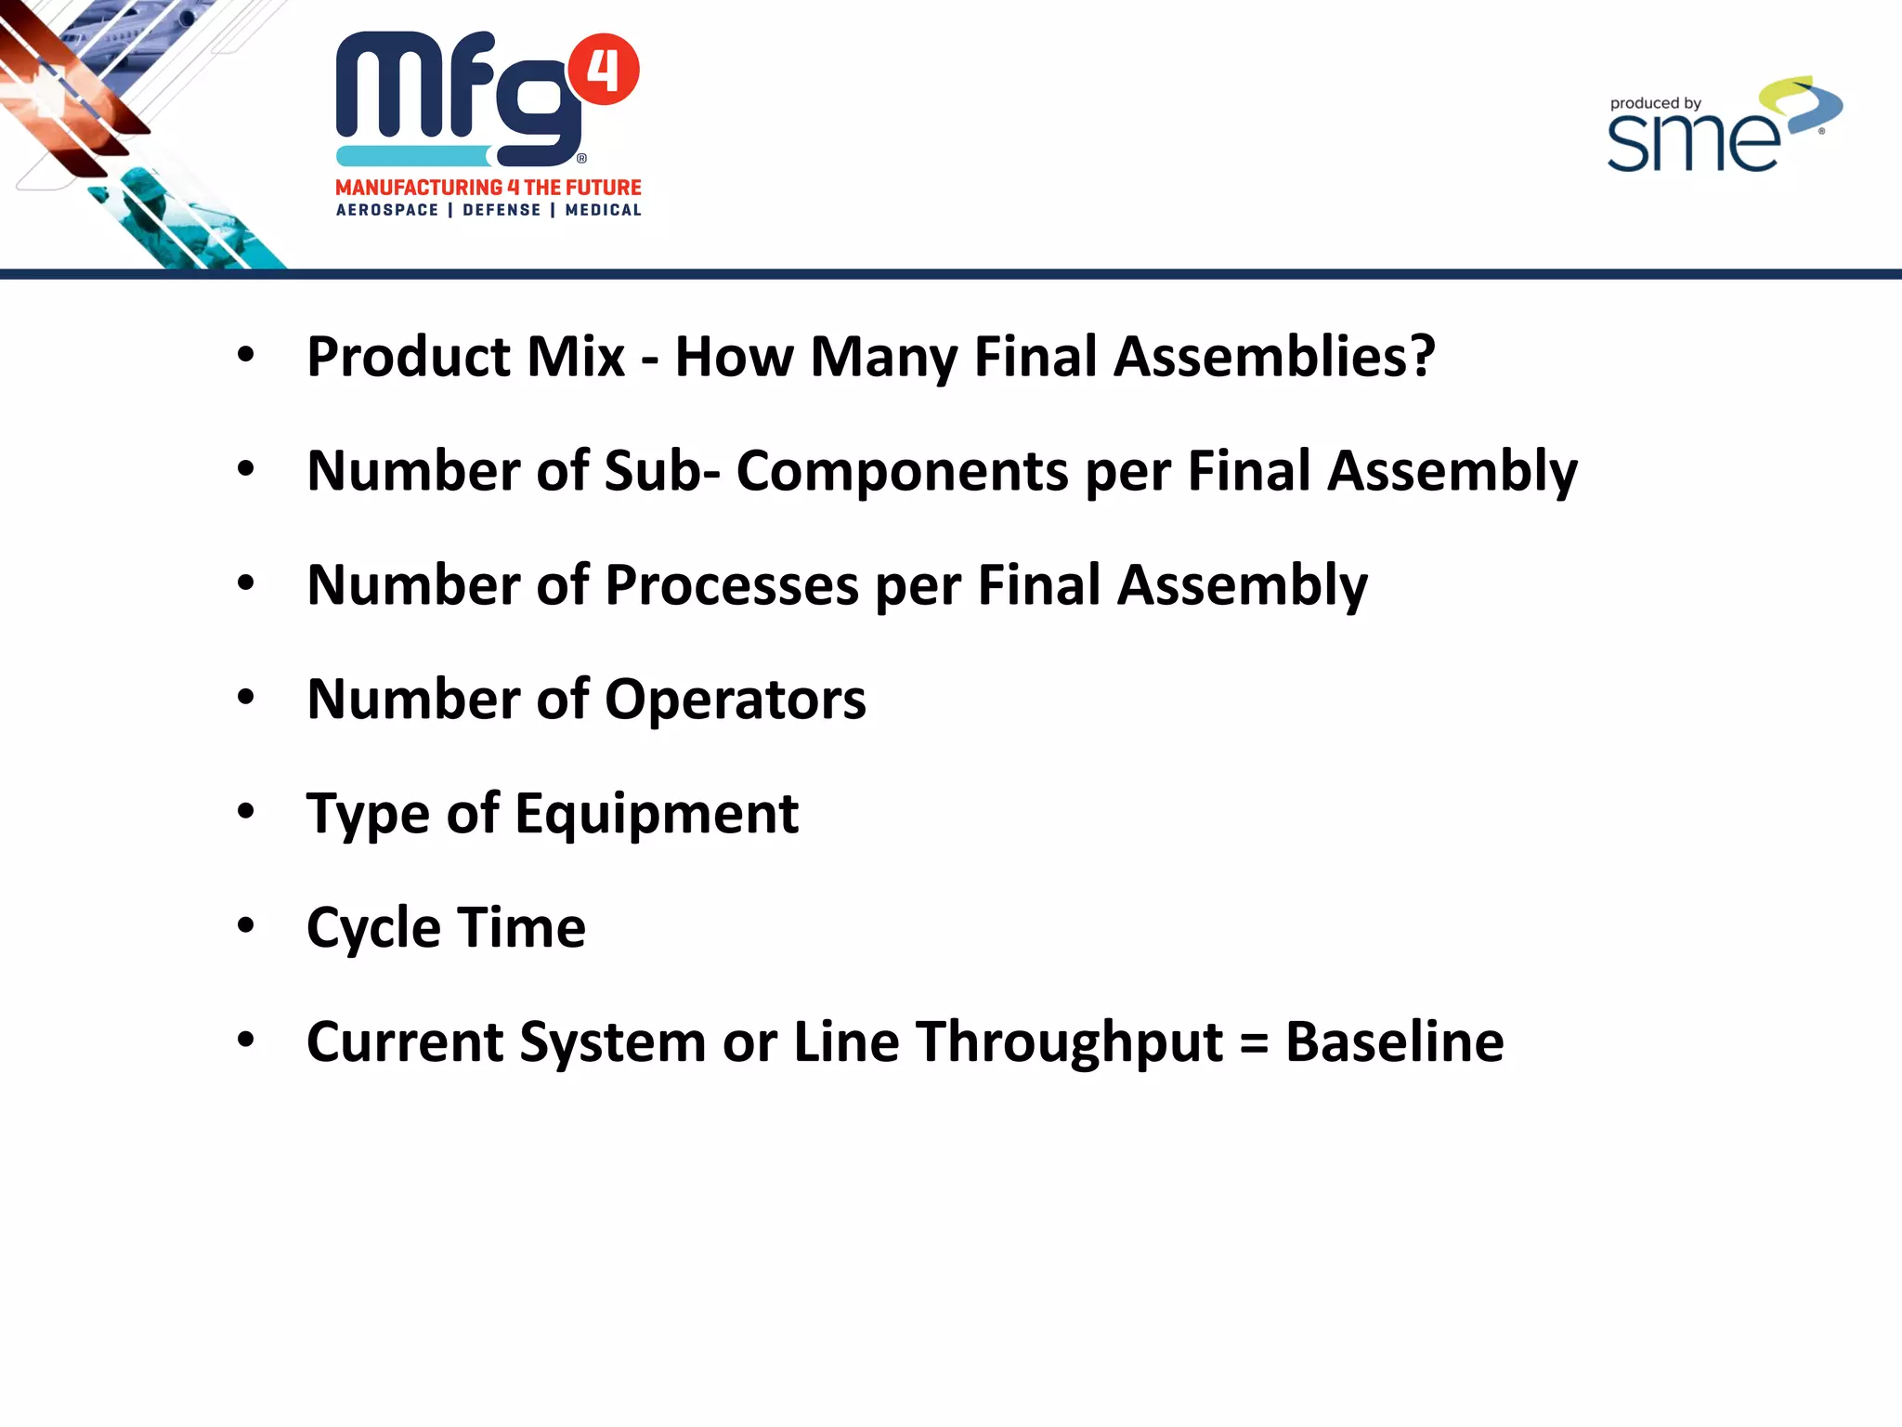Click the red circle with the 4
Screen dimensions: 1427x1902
[603, 70]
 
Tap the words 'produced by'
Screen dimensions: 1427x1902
[1655, 103]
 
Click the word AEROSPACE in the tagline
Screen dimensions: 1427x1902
[387, 210]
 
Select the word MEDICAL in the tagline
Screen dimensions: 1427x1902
[603, 210]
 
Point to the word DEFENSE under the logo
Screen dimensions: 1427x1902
[502, 210]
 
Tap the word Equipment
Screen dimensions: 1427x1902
[657, 813]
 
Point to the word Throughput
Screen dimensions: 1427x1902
[1069, 1041]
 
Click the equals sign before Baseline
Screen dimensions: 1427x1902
[1254, 1043]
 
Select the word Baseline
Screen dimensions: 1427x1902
[1394, 1041]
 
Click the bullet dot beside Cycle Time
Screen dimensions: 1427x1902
[245, 925]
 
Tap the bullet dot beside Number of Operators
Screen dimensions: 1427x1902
[245, 697]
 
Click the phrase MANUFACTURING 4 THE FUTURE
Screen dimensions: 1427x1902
[489, 188]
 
